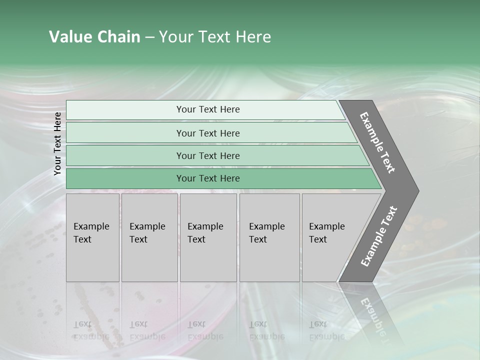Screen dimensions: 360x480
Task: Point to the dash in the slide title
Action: tap(149, 37)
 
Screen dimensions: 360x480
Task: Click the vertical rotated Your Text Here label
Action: tap(57, 143)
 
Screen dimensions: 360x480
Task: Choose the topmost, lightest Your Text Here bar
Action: tap(207, 109)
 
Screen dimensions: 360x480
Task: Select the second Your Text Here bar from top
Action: tap(207, 133)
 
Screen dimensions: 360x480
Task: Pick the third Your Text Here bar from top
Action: tap(207, 155)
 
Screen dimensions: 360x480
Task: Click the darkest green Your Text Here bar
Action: tap(207, 178)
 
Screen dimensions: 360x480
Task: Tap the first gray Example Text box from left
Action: tap(92, 237)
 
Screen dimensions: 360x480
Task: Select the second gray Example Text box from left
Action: tap(149, 237)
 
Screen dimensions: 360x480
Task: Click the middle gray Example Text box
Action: tap(208, 237)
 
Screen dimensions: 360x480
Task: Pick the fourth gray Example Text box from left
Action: tap(269, 237)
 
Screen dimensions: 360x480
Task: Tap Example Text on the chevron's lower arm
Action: tap(379, 236)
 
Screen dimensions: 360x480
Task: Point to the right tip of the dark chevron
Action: tap(417, 191)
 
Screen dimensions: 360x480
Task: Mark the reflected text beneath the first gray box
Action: tap(91, 330)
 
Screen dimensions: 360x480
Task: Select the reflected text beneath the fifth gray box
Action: tap(326, 330)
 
